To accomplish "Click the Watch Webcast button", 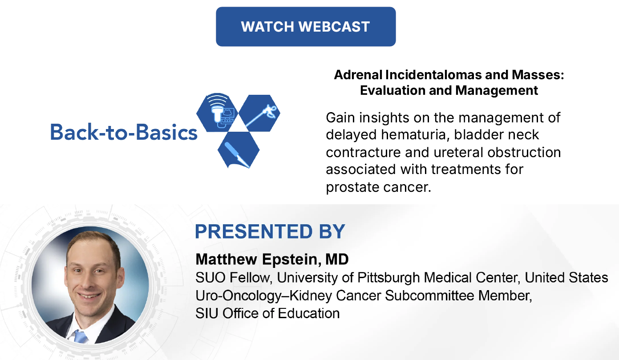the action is click(306, 27).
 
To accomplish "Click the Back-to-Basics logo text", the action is click(124, 132).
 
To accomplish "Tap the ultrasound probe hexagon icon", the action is click(217, 113).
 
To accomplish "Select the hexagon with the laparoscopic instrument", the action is click(259, 113).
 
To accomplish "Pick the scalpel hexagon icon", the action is click(239, 150).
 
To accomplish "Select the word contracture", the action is click(364, 153).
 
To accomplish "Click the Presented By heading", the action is click(270, 231).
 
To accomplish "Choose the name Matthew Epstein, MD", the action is click(272, 259).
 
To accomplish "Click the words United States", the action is click(566, 278).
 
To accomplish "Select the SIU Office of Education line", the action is click(267, 313).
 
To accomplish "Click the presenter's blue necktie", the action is click(81, 336).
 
